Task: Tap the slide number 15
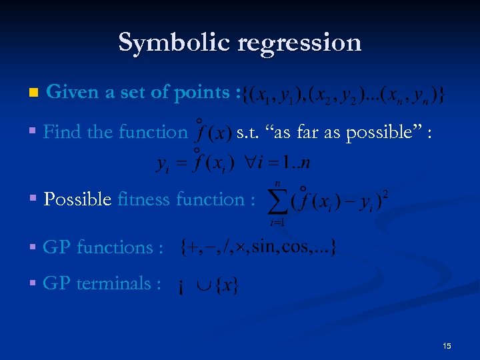pos(447,345)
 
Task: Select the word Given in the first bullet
pos(73,93)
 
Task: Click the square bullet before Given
pos(26,93)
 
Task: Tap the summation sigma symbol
pos(278,200)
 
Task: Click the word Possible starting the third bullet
pos(77,199)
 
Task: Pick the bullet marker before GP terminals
pos(33,283)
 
